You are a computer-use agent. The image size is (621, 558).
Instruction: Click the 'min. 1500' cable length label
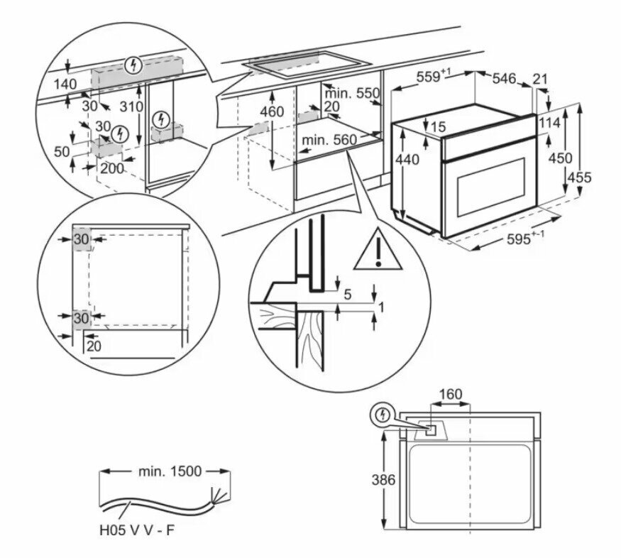pos(165,471)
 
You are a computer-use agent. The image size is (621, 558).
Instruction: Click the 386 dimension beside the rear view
pos(383,480)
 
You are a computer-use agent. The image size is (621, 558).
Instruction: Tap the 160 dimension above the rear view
pos(450,393)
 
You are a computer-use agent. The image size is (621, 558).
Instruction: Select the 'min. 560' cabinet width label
pos(329,140)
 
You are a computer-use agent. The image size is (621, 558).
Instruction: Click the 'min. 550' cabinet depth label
pos(352,93)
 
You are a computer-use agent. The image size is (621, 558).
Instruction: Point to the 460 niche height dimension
pos(271,111)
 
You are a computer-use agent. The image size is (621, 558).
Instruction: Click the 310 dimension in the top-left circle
pos(131,107)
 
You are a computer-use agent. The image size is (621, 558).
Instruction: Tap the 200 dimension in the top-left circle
pos(111,168)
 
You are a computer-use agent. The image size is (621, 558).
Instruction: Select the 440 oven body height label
pos(407,160)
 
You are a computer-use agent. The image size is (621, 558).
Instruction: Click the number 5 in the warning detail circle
pos(347,293)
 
